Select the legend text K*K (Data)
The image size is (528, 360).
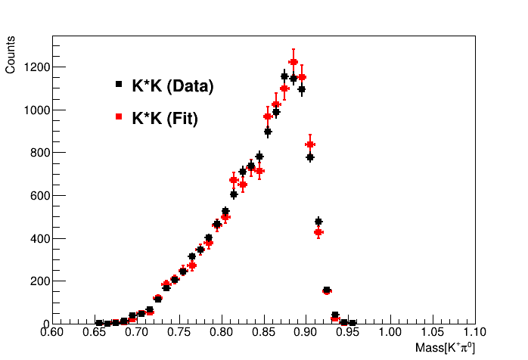coord(172,86)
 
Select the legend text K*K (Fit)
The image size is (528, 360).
coord(165,118)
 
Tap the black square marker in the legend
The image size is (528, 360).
coord(118,85)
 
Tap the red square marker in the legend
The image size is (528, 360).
coord(118,116)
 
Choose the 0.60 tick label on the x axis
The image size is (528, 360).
coord(51,332)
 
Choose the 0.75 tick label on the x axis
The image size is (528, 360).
coord(179,332)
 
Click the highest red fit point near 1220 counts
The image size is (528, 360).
coord(294,62)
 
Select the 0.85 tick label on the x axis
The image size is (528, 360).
coord(263,332)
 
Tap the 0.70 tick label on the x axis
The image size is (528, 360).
coord(136,332)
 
